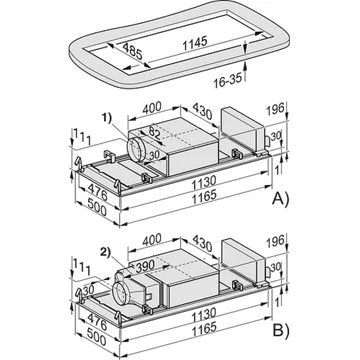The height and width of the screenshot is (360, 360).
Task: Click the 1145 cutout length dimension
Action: coord(195,43)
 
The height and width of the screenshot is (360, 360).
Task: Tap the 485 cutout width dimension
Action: coord(132,51)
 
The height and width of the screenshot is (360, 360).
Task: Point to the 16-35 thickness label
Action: coord(228,80)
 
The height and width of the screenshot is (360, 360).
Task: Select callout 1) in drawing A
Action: coord(107,119)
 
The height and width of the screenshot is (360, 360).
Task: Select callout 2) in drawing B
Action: coord(107,252)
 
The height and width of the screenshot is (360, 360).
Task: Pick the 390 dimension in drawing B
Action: coord(145,265)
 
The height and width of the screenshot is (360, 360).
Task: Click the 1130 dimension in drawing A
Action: coord(204,182)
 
